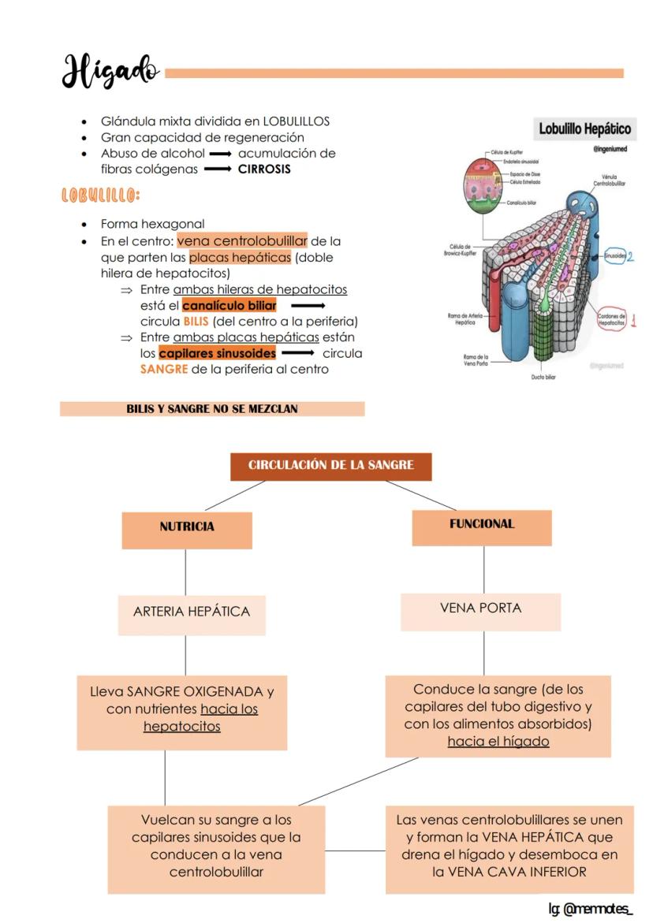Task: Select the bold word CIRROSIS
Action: point(264,169)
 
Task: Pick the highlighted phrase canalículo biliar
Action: point(229,305)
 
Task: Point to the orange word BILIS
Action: point(196,322)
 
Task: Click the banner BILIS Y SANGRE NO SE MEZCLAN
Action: point(211,409)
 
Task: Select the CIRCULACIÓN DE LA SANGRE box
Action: point(330,465)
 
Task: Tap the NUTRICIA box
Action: point(187,527)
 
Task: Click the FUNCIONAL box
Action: point(481,524)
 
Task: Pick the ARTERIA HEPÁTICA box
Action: point(192,612)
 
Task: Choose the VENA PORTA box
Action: point(480,609)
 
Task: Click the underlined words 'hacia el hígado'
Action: point(498,741)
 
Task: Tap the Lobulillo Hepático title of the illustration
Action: point(584,128)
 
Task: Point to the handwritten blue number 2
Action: point(631,256)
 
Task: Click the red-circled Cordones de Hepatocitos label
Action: point(611,319)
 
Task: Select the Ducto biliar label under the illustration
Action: point(543,378)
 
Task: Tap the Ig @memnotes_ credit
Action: point(591,909)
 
